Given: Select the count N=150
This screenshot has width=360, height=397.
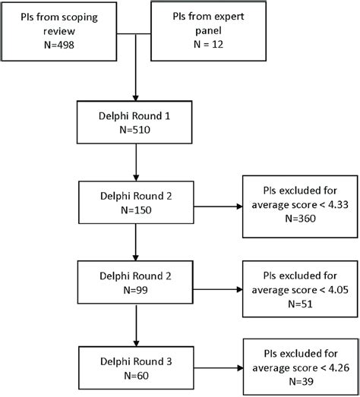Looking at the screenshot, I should click(x=134, y=213).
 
